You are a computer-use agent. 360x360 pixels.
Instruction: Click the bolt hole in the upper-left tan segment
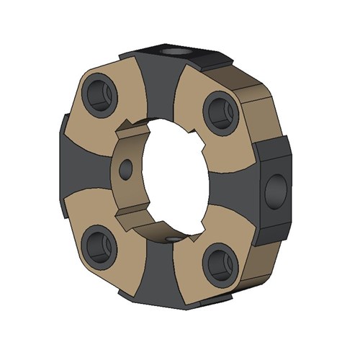pyautogui.click(x=98, y=95)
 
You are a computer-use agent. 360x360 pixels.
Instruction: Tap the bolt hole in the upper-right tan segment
pyautogui.click(x=218, y=110)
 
